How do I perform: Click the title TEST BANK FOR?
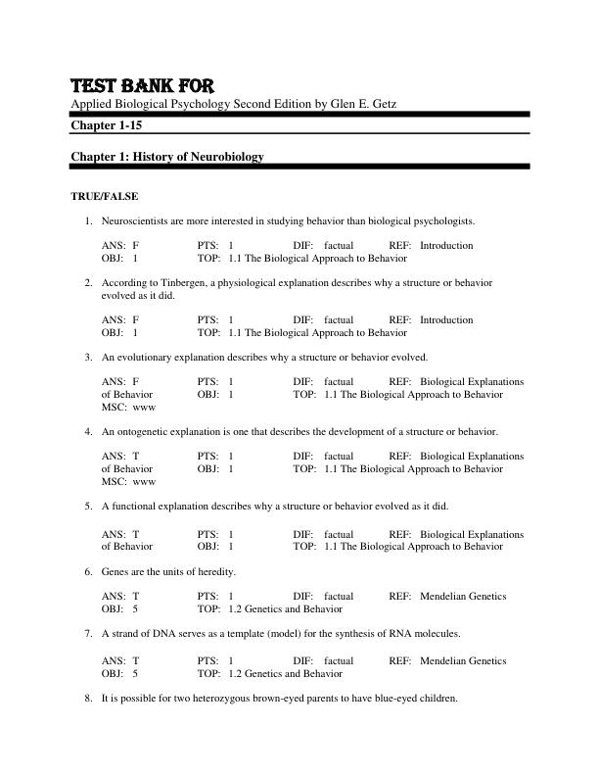(143, 85)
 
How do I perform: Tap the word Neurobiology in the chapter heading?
(227, 157)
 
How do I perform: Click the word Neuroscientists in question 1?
(135, 220)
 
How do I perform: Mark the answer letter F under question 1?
(135, 245)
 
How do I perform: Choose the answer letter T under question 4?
(135, 456)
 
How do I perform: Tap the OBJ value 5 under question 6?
(135, 608)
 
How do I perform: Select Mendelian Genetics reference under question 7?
(463, 660)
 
